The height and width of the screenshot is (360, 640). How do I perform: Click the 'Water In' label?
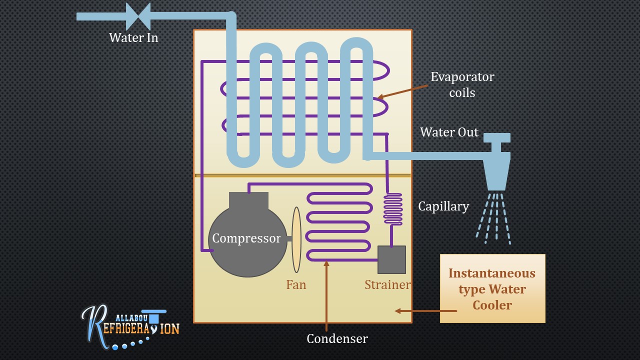[x=133, y=37]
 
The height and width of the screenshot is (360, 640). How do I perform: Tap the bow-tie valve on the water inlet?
[x=138, y=16]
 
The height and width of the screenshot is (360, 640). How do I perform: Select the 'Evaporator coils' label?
[x=462, y=84]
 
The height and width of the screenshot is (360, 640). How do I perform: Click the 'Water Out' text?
[x=449, y=132]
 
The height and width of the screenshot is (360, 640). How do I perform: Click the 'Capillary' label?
[x=443, y=206]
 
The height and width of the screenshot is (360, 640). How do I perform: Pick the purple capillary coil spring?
[x=392, y=209]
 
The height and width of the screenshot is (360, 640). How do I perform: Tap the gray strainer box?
[x=391, y=259]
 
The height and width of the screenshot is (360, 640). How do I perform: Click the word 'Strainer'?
[x=387, y=284]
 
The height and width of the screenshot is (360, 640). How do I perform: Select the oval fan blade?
[x=296, y=239]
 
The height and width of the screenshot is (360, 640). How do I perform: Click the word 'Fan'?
[x=296, y=284]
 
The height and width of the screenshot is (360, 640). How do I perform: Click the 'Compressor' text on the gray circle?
[x=246, y=238]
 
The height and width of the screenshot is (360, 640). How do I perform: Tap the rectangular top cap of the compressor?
[x=248, y=200]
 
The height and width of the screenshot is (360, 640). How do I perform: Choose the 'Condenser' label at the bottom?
[x=337, y=338]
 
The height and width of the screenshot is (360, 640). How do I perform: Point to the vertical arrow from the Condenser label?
[x=326, y=295]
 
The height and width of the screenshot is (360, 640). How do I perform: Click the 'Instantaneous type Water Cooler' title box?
[x=492, y=288]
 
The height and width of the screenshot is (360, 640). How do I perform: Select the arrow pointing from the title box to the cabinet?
[x=425, y=311]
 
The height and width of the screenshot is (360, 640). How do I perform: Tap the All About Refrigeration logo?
[x=129, y=325]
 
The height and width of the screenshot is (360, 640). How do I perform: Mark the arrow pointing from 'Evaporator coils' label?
[x=402, y=91]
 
